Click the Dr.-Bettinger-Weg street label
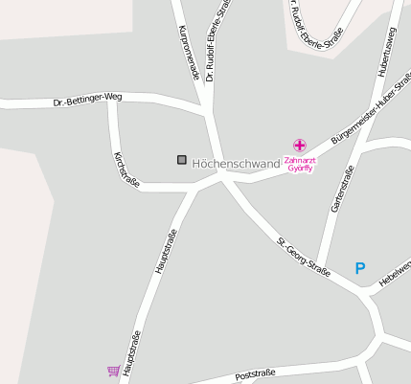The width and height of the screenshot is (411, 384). click(x=88, y=99)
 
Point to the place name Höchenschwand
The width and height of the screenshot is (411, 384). click(x=236, y=164)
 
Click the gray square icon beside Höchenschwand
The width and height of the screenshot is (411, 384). click(x=181, y=160)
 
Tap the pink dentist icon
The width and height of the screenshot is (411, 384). click(x=300, y=146)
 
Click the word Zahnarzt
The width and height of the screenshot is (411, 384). click(x=300, y=160)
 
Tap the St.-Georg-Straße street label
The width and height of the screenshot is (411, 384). click(x=304, y=257)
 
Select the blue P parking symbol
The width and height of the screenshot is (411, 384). click(x=360, y=269)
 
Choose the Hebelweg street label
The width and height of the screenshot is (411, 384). click(x=395, y=274)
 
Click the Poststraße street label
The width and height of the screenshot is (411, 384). click(x=255, y=372)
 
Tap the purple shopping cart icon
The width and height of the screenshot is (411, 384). click(x=113, y=371)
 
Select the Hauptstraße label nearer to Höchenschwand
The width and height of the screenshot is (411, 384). click(x=166, y=252)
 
